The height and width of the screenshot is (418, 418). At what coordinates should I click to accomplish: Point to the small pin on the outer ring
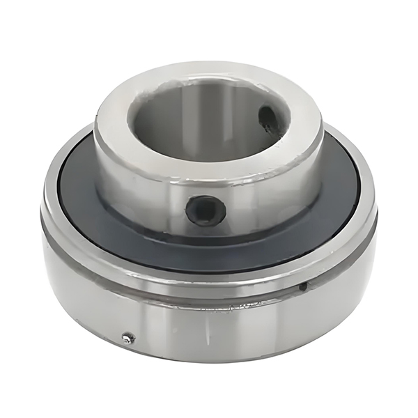pos(127,339)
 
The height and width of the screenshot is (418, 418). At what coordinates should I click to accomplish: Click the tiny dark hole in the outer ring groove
pos(303,286)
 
